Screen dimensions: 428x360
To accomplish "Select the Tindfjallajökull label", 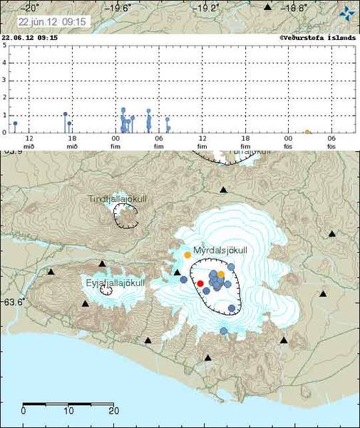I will [118, 199].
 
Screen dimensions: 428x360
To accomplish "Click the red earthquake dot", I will [200, 283].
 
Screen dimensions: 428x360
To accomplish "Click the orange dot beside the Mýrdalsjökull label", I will [187, 255].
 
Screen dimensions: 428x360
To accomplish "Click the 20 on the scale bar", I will [113, 410].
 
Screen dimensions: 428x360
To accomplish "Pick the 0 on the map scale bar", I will [24, 410].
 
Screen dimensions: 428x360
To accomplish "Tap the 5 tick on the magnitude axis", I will [4, 46].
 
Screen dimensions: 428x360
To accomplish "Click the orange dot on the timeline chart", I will [307, 132].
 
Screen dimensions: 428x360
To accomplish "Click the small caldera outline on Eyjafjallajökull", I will [106, 290].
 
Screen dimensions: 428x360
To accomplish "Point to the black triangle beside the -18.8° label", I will [268, 7].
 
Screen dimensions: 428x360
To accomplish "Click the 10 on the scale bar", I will [68, 410].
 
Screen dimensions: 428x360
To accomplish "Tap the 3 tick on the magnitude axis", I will [4, 81].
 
